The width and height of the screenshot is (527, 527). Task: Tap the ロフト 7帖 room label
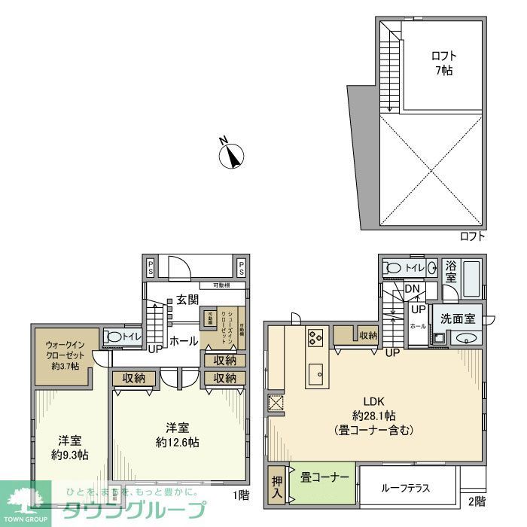click(443, 63)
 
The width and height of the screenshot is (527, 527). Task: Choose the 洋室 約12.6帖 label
click(178, 434)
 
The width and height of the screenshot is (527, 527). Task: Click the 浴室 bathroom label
click(451, 271)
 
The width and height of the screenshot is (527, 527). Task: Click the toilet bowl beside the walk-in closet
click(114, 338)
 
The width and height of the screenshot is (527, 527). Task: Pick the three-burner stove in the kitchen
click(315, 338)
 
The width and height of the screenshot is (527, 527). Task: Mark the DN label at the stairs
click(412, 288)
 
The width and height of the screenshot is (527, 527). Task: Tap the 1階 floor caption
click(240, 495)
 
